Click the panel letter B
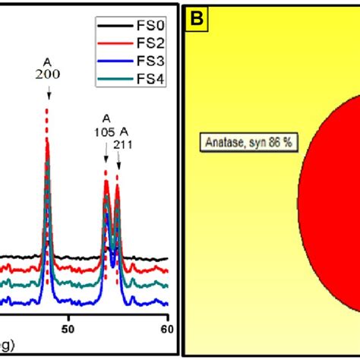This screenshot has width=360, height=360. [x=197, y=18]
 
